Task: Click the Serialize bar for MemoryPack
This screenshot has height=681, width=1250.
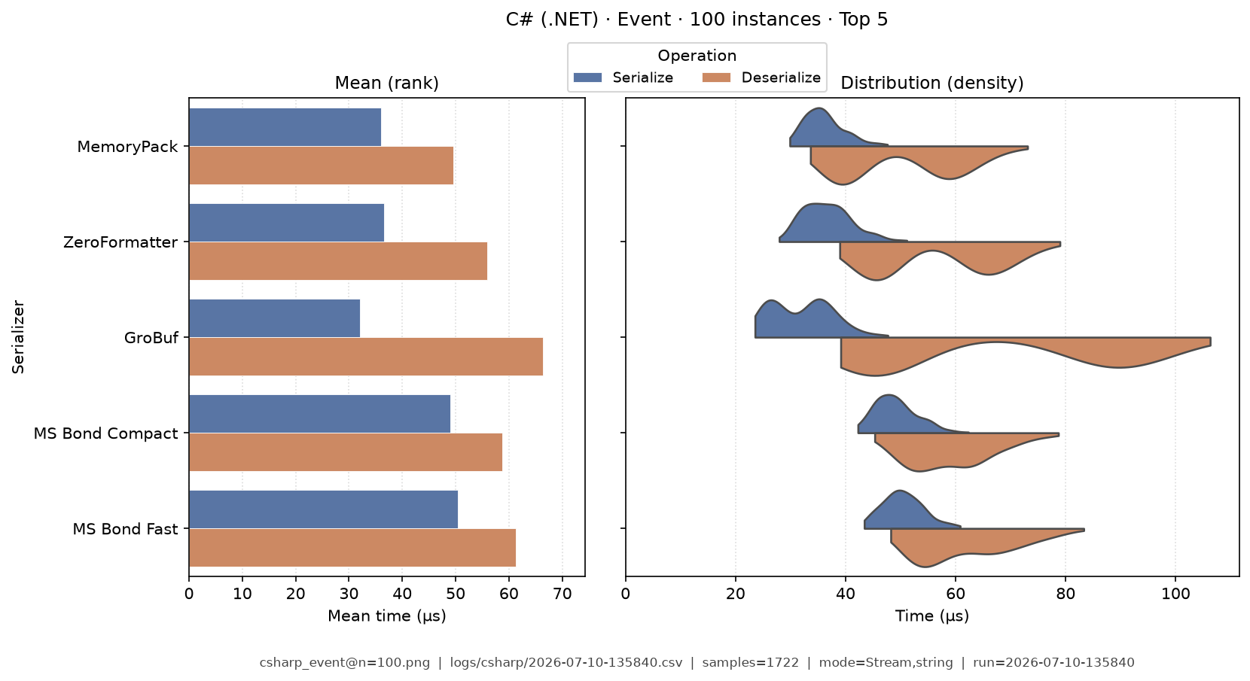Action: pos(285,127)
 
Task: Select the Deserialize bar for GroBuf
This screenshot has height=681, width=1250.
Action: pos(366,357)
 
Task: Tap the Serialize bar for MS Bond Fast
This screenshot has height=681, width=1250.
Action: pos(324,509)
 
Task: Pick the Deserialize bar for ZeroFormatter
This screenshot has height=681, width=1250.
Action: pos(338,261)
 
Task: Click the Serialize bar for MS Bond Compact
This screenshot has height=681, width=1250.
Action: pos(320,414)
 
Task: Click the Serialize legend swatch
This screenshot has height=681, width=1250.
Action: pos(588,78)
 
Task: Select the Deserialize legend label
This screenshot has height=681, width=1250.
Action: pos(781,78)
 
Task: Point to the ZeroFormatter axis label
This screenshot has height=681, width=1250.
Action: pos(120,242)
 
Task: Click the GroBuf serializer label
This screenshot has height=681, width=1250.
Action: pos(151,338)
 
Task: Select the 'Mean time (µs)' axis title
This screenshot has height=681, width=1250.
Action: pos(387,616)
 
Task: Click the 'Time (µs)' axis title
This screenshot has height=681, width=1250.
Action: pos(932,616)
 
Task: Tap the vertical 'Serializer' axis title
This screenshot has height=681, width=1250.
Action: pos(18,337)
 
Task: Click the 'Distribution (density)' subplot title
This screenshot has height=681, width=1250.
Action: pos(932,83)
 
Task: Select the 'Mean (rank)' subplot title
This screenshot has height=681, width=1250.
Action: pos(387,83)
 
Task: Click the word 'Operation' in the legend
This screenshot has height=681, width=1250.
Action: pos(697,56)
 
